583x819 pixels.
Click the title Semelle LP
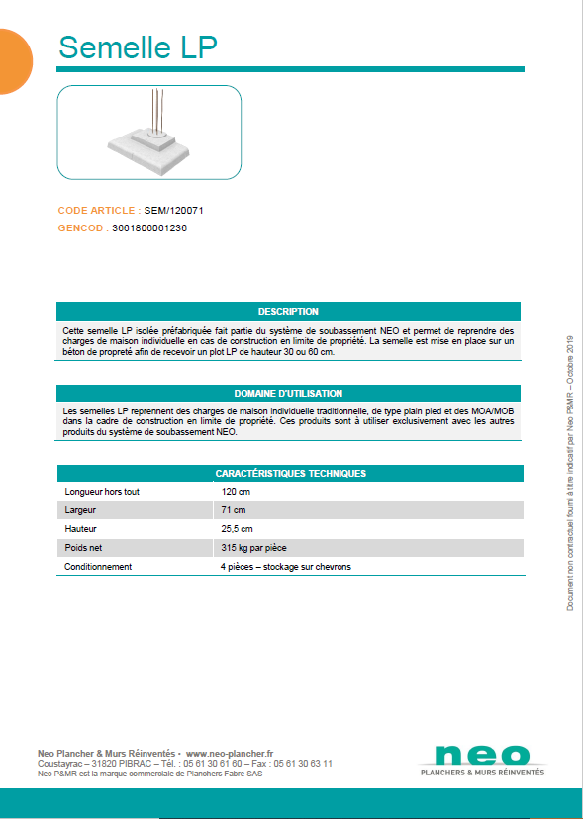[138, 46]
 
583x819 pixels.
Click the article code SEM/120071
[174, 211]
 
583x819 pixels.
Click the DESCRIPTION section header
[288, 311]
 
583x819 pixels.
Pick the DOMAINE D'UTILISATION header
[288, 393]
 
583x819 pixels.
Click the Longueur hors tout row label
[102, 491]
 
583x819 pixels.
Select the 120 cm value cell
[236, 491]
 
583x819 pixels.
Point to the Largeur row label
[80, 509]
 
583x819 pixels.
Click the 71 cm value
[233, 509]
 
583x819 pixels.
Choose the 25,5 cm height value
[238, 528]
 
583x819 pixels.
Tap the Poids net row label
[84, 547]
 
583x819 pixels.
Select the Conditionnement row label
[98, 567]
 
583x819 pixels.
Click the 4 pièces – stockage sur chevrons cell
[285, 567]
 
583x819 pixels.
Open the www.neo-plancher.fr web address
[230, 753]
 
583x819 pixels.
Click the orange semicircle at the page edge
[12, 61]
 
